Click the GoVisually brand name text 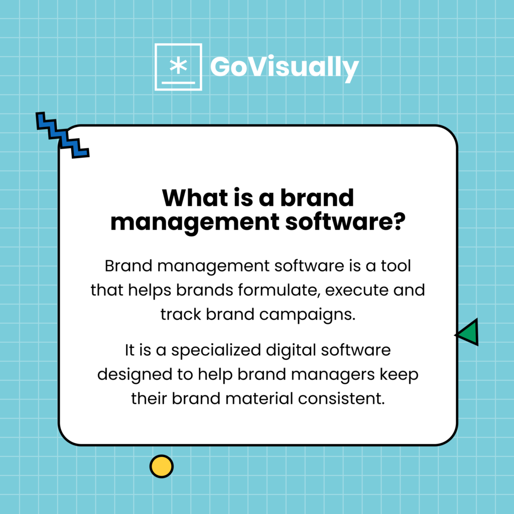pyautogui.click(x=284, y=67)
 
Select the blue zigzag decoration pyautogui.click(x=62, y=135)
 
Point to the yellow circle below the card pyautogui.click(x=161, y=466)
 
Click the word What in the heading pyautogui.click(x=197, y=198)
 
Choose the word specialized pyautogui.click(x=221, y=350)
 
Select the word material pyautogui.click(x=261, y=399)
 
